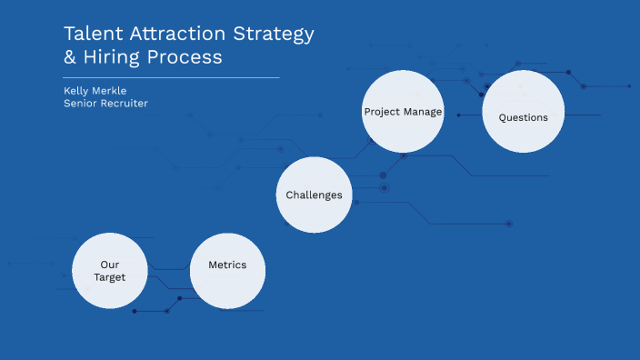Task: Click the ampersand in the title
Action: point(71,57)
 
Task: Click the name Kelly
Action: point(75,90)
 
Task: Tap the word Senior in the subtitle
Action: point(80,104)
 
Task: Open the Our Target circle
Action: point(109,271)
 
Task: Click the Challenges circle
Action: point(314,195)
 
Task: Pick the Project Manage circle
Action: point(403,112)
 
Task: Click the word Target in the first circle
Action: point(109,277)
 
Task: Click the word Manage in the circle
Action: point(424,112)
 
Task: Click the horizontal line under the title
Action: point(171,78)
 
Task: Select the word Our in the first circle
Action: point(109,265)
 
